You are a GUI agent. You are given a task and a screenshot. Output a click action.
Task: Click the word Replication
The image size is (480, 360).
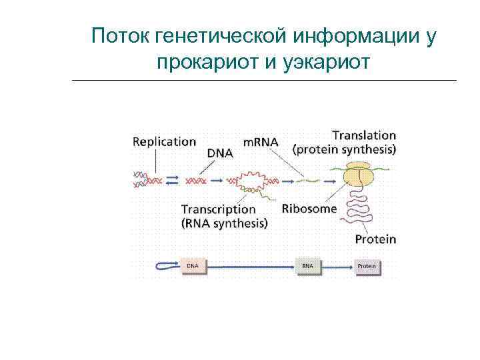(164, 141)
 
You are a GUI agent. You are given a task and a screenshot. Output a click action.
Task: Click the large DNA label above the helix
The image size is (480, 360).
(220, 153)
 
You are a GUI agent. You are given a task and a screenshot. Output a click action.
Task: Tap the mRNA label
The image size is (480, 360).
(261, 142)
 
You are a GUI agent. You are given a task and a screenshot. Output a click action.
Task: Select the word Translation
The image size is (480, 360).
(364, 135)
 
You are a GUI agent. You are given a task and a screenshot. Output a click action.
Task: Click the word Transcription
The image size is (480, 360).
(218, 209)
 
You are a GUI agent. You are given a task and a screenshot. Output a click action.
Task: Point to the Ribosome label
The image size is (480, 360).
(309, 208)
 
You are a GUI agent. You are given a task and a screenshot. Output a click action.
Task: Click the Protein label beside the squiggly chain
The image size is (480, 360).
(375, 239)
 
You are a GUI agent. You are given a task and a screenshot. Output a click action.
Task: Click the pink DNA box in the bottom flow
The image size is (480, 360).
(193, 265)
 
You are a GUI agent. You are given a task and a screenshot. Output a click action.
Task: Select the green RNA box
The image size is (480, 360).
(307, 265)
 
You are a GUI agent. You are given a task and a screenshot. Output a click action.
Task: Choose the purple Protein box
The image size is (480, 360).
(367, 265)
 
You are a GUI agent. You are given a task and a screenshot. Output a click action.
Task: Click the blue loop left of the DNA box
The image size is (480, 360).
(165, 266)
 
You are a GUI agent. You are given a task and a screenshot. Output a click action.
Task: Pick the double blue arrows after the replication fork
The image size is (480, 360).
(173, 180)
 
